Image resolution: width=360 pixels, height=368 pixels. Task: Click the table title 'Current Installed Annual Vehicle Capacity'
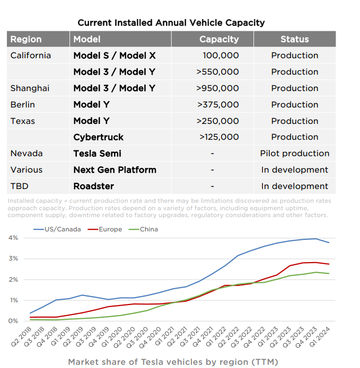[171, 23]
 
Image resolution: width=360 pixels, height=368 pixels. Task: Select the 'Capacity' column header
[219, 39]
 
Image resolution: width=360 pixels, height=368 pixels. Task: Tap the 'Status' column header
[294, 39]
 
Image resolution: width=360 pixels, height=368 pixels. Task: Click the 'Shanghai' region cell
[30, 88]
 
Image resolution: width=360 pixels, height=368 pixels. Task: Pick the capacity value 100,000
[221, 56]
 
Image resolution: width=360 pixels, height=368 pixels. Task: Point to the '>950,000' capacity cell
[217, 88]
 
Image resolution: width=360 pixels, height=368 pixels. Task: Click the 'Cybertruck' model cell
[98, 137]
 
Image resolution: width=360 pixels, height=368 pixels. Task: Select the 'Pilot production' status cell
[294, 154]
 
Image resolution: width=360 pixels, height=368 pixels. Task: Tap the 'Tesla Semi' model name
[97, 154]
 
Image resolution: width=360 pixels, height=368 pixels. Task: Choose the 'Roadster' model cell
[93, 186]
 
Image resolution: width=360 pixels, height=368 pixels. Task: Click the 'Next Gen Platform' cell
[115, 170]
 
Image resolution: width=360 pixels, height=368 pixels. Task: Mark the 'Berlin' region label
[23, 105]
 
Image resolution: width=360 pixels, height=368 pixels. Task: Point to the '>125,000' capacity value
[219, 137]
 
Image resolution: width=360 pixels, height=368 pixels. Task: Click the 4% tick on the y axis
[13, 238]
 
